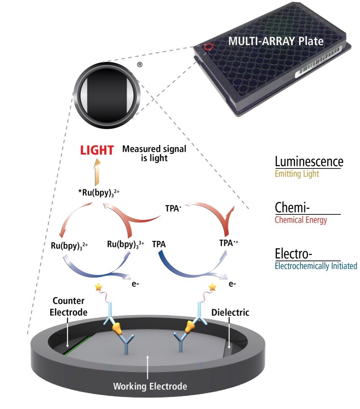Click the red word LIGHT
[x=97, y=151]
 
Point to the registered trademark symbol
[x=140, y=65]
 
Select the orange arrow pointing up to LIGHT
[x=97, y=172]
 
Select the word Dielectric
[x=230, y=313]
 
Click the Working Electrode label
[x=150, y=385]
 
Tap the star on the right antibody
[x=212, y=287]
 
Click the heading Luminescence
[x=309, y=162]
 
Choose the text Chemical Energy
[x=301, y=219]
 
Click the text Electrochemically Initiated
[x=316, y=266]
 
